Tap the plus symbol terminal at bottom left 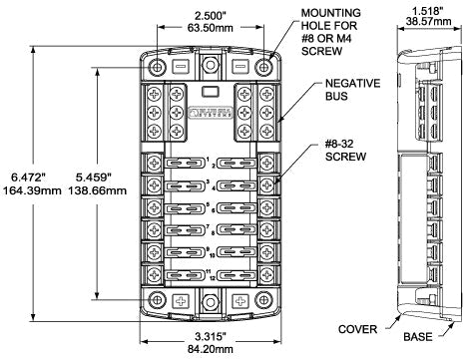pos(181,300)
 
